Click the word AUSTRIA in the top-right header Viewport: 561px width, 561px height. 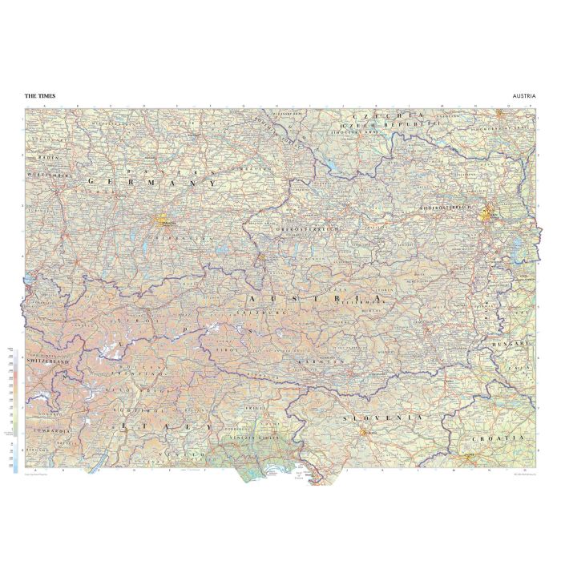tap(523, 95)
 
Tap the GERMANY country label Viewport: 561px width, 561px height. tap(153, 183)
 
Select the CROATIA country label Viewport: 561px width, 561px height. tap(498, 438)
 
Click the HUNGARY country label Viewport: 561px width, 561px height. tap(511, 343)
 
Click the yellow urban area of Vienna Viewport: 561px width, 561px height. tap(486, 214)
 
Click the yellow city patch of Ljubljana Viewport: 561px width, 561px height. tap(365, 434)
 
